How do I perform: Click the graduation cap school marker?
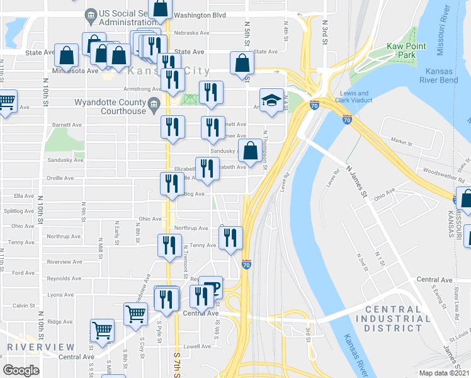click(271, 101)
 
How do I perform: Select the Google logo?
click(21, 370)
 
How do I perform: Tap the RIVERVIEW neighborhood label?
click(40, 347)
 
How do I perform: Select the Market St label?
click(400, 142)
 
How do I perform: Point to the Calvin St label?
click(23, 305)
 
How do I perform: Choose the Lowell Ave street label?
click(196, 346)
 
